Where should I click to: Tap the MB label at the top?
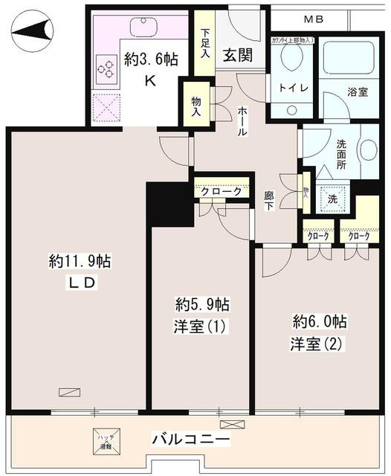[313, 19]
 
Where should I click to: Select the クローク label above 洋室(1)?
[222, 191]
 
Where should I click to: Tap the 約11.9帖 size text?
[80, 262]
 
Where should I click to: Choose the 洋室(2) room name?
[318, 344]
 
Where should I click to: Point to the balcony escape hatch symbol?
[103, 443]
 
